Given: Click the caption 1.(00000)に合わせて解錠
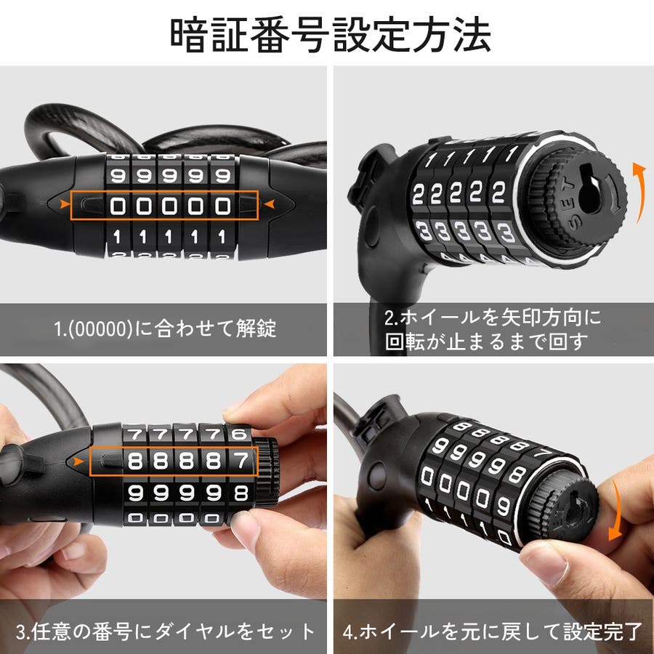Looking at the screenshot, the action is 165,328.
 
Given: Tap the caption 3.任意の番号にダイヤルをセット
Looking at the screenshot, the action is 166,631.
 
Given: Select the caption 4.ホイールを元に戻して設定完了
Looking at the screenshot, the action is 492,631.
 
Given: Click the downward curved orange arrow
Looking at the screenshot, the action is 616,509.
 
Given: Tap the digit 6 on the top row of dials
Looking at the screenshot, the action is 239,435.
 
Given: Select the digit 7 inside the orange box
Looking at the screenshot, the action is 241,461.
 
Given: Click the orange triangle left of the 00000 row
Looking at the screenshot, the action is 65,204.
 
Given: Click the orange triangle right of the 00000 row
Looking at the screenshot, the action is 270,204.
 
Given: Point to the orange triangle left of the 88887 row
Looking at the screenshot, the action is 78,461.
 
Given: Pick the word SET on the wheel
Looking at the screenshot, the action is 570,203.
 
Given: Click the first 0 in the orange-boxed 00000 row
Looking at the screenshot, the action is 118,206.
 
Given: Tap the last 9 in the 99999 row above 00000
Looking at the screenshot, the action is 222,176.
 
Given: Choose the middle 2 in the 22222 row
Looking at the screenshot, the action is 456,193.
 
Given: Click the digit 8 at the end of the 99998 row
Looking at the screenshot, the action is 241,493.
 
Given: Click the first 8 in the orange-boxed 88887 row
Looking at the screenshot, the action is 135,461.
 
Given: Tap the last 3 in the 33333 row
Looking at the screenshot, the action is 506,232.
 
